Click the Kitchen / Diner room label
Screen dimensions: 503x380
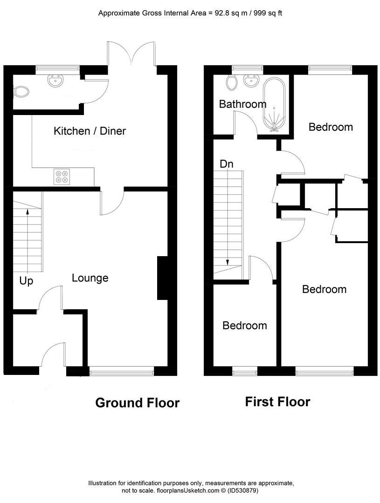tap(90, 131)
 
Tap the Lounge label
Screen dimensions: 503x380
tap(90, 278)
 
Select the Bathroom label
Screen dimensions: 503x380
tap(242, 104)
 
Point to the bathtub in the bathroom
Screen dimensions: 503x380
tap(274, 105)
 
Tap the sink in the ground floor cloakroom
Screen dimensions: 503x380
tap(56, 81)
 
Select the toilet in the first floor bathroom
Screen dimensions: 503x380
tap(231, 83)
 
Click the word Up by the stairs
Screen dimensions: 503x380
tap(26, 281)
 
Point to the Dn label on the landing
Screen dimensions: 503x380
tap(227, 164)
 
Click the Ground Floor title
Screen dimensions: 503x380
tap(137, 403)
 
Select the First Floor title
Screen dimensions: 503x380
tap(277, 401)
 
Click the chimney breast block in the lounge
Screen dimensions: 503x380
tap(162, 278)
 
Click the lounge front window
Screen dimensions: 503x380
tap(121, 371)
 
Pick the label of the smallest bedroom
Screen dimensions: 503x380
tap(244, 326)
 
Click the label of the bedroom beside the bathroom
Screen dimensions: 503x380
tap(331, 127)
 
